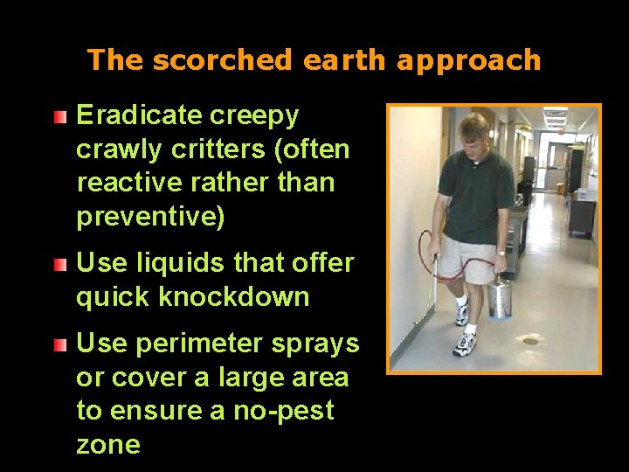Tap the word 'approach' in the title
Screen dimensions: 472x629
[x=468, y=61]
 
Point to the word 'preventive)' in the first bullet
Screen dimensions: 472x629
[x=150, y=217]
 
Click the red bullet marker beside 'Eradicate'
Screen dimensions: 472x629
[x=59, y=116]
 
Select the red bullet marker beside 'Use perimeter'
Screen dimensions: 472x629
[x=59, y=345]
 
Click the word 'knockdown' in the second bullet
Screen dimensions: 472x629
[x=234, y=297]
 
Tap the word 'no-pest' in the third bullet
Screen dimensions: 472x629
[x=285, y=411]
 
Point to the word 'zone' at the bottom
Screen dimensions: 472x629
[x=108, y=445]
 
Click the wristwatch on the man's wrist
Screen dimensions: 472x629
[x=500, y=253]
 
